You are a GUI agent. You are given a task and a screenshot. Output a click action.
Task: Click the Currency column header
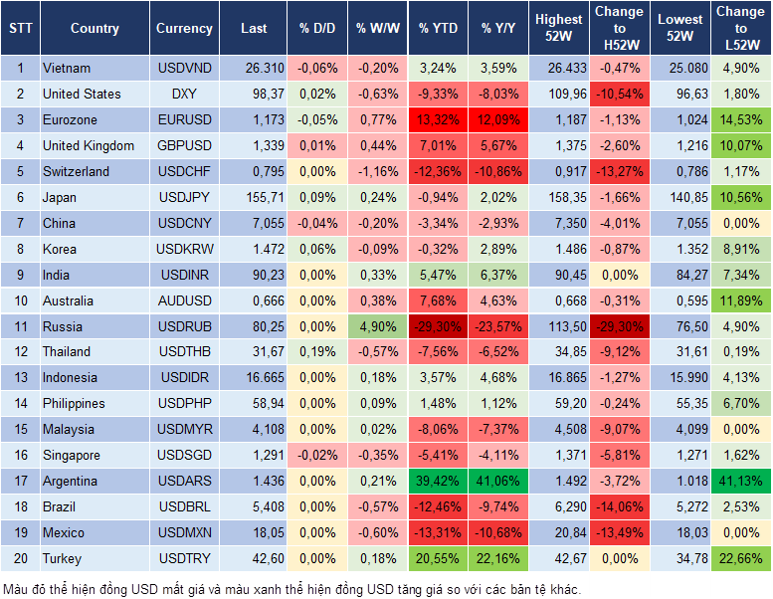pos(184,29)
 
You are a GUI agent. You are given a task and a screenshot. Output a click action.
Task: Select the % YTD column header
pos(439,29)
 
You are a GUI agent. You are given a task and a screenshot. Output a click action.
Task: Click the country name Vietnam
pos(67,69)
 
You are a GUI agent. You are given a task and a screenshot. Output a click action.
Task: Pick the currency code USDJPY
pos(184,198)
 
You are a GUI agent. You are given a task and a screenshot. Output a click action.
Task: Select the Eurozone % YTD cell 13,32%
pos(439,120)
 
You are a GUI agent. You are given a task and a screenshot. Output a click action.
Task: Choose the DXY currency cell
pos(184,95)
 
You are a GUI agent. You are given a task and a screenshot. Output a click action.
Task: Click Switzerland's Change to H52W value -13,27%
pos(619,172)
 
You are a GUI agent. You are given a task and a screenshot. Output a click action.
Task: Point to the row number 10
pos(19,300)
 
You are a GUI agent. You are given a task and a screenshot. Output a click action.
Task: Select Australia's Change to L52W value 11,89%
pos(741,300)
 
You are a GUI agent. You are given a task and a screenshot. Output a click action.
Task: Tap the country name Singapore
pos(72,455)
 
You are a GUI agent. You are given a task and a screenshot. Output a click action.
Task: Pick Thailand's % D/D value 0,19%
pos(317,352)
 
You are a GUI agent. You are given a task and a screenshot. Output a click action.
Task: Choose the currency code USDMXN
pos(184,532)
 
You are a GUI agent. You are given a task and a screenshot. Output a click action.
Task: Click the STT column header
pos(19,29)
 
